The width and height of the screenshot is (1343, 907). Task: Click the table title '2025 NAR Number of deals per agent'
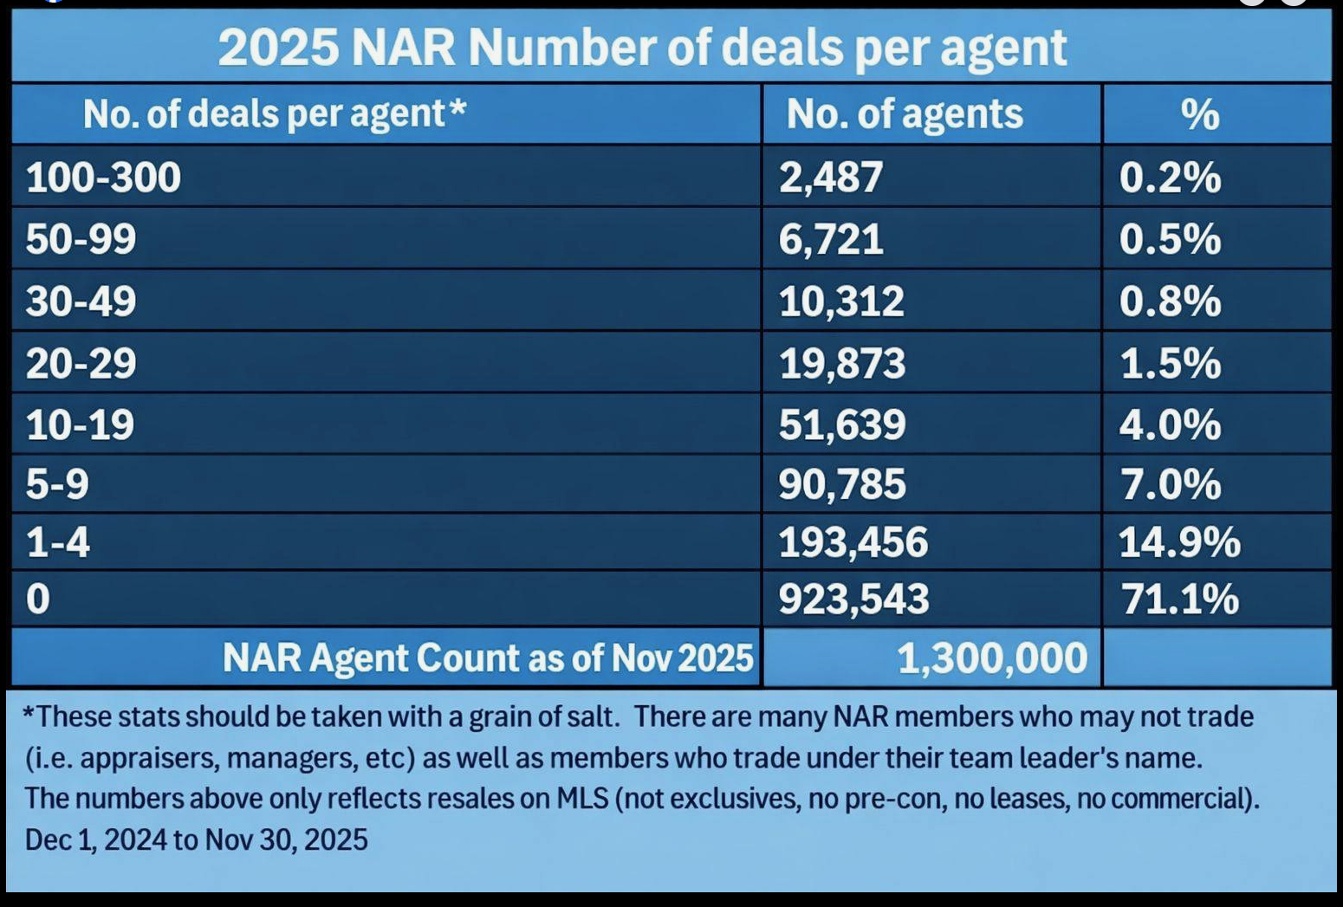pos(641,48)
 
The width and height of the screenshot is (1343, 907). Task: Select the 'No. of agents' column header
pos(904,114)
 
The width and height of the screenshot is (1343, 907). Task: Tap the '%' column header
pos(1200,114)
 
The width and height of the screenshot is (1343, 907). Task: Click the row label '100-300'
pos(103,178)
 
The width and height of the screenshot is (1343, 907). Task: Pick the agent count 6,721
pos(830,239)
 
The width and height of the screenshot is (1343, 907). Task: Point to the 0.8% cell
pos(1170,301)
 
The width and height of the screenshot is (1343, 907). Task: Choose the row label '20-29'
pos(81,363)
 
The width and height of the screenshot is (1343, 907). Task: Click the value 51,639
pos(841,424)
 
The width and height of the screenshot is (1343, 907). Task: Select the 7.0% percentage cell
pos(1170,484)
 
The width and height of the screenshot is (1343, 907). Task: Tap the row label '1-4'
pos(57,542)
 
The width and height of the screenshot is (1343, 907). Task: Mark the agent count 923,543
pos(853,599)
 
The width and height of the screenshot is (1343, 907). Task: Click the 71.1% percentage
pos(1179,599)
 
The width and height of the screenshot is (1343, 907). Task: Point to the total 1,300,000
pos(991,658)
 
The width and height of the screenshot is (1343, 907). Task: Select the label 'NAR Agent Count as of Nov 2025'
pos(487,658)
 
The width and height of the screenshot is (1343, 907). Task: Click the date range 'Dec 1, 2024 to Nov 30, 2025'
pos(197,839)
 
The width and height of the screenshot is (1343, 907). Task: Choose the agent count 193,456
pos(853,542)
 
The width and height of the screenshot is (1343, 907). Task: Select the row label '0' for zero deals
pos(38,599)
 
